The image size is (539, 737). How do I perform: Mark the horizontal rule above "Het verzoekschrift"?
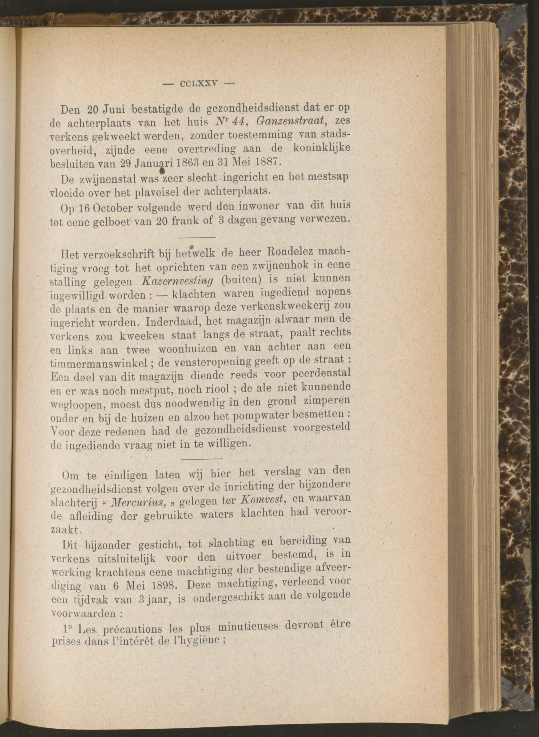click(x=197, y=237)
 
